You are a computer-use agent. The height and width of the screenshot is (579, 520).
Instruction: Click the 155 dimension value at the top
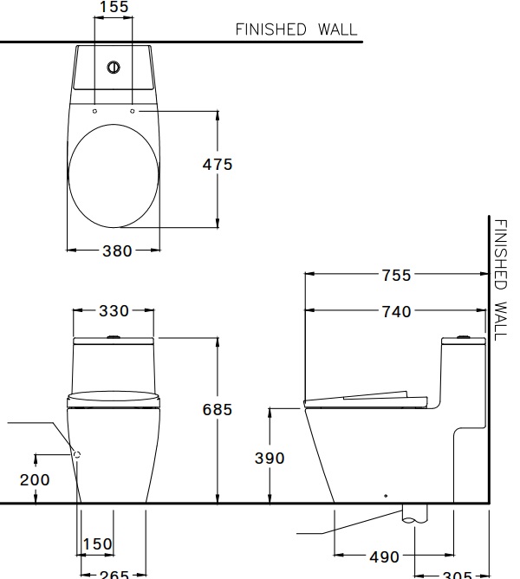(113, 8)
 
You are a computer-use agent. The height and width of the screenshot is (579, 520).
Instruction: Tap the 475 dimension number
(218, 164)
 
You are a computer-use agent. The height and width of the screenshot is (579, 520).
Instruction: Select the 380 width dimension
(118, 250)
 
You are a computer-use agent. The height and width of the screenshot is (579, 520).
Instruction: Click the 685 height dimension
(217, 410)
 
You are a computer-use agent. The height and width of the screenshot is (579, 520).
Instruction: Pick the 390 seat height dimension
(270, 458)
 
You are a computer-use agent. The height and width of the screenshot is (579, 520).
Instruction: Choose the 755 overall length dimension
(396, 276)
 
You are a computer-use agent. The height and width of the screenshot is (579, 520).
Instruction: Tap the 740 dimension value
(396, 311)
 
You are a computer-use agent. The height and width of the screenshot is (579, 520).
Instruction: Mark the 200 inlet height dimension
(35, 479)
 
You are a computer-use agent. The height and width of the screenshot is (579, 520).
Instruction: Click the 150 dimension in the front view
(97, 544)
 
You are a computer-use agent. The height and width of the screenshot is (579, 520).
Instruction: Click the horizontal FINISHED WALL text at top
(296, 29)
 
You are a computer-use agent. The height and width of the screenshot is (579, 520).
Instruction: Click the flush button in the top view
(113, 67)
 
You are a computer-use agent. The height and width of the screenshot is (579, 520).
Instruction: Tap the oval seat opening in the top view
(113, 178)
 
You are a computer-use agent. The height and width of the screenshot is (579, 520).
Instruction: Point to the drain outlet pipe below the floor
(416, 514)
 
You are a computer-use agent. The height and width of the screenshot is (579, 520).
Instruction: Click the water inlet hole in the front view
(76, 453)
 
